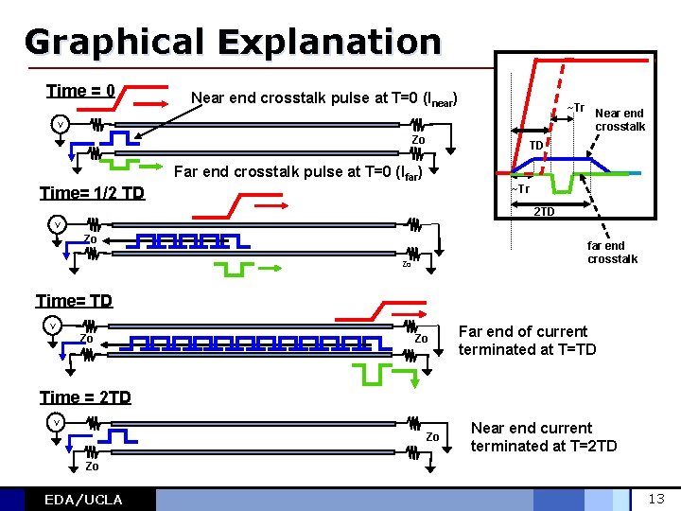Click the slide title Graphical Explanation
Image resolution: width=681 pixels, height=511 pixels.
(233, 42)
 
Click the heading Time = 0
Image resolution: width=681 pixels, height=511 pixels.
(80, 91)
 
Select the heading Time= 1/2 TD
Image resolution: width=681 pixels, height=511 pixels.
(92, 193)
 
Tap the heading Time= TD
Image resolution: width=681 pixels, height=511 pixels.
(74, 301)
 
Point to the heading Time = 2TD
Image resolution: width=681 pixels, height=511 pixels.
(85, 397)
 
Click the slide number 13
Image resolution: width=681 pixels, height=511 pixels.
(656, 499)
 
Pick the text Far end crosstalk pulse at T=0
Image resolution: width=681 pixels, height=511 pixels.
(298, 173)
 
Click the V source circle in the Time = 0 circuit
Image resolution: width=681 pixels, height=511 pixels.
(60, 124)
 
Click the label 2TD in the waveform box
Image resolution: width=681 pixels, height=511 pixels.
(543, 211)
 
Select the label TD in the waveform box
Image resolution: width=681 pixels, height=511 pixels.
(535, 145)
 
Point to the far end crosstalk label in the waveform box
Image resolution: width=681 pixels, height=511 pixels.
(612, 253)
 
